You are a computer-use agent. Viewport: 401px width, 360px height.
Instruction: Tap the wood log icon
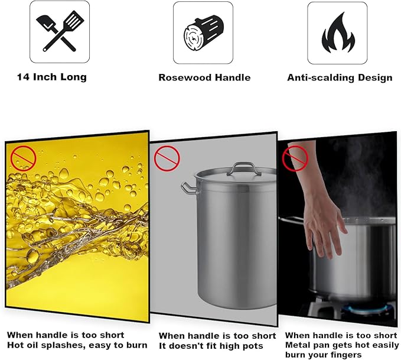click(x=203, y=33)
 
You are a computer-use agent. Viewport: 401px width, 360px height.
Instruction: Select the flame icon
click(x=338, y=33)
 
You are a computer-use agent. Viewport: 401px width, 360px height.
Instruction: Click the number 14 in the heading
click(x=22, y=77)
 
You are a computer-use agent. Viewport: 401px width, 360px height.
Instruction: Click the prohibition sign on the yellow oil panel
click(x=23, y=158)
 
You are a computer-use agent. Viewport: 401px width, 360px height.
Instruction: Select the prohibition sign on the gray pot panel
click(x=167, y=158)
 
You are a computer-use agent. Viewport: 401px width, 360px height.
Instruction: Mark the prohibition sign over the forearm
click(x=295, y=158)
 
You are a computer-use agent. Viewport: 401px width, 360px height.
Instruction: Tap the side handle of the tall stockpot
click(x=188, y=188)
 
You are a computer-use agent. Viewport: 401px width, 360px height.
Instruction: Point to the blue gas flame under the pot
click(x=369, y=308)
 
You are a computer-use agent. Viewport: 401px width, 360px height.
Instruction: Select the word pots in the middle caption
click(x=252, y=346)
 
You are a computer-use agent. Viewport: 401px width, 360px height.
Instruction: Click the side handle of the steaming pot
click(x=292, y=219)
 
